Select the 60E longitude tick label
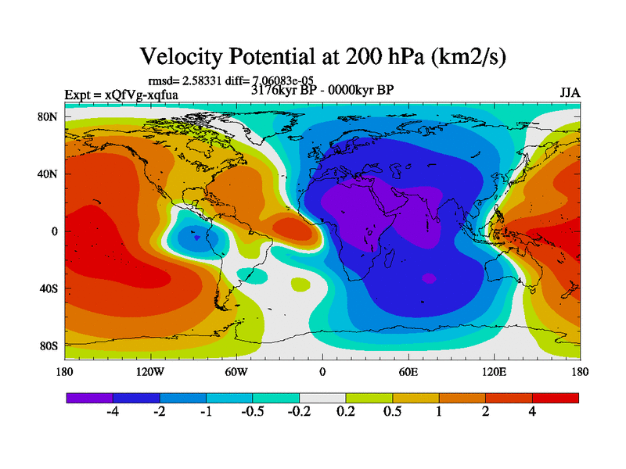point(408,372)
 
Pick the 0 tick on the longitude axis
point(322,372)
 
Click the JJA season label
point(569,93)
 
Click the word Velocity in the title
point(181,56)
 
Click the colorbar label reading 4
point(532,413)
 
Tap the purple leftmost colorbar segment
point(89,398)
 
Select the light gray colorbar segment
point(322,398)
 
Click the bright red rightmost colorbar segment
point(556,398)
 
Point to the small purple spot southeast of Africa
point(428,278)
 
